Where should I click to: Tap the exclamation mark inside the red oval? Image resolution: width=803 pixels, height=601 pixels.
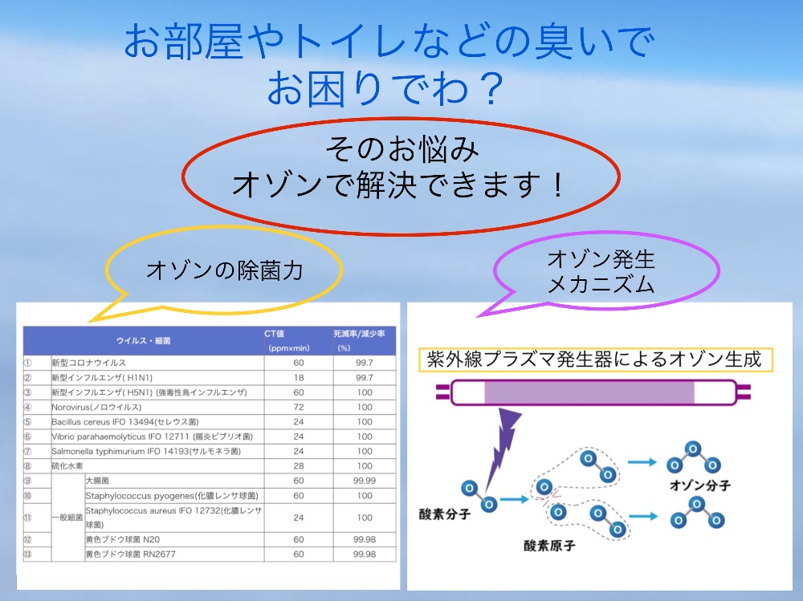[x=558, y=185]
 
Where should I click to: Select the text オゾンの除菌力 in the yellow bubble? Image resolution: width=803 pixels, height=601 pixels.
[x=225, y=270]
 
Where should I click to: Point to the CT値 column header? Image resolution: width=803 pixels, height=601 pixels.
[x=274, y=334]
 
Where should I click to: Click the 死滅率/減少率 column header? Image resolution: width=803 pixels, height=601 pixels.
[x=359, y=334]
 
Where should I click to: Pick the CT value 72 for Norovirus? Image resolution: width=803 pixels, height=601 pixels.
[x=299, y=407]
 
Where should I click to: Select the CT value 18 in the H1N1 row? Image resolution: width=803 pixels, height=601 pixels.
[x=299, y=377]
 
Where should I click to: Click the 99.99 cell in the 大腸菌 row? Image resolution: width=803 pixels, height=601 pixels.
[x=364, y=481]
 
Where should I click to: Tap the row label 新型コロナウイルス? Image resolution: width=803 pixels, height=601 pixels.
[x=88, y=363]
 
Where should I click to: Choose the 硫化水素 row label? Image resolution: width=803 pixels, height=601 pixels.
[x=67, y=466]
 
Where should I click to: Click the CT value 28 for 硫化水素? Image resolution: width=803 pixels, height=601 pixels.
[x=299, y=466]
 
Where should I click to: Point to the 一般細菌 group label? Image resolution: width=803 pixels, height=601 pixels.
[x=67, y=518]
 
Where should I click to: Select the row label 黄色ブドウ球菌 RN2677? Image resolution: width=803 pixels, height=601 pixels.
[x=131, y=554]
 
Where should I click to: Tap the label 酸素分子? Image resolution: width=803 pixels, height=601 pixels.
[x=445, y=514]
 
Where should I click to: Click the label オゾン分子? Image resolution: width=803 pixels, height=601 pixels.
[x=700, y=485]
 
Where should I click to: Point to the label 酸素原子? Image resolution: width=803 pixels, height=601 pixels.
[x=549, y=546]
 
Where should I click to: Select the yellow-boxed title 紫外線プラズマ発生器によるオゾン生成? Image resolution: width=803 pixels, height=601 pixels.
[x=594, y=359]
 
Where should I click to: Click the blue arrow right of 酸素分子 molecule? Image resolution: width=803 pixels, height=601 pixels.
[x=514, y=499]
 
